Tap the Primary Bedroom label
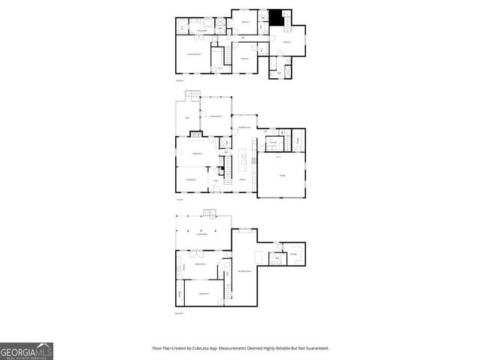pyautogui.click(x=197, y=54)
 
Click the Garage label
pyautogui.click(x=282, y=175)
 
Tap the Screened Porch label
pyautogui.click(x=216, y=116)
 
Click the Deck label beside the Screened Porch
pyautogui.click(x=186, y=118)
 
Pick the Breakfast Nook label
pyautogui.click(x=244, y=129)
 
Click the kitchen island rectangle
pyautogui.click(x=244, y=159)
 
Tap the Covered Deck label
pyautogui.click(x=201, y=235)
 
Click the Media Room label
pyautogui.click(x=201, y=265)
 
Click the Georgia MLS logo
pyautogui.click(x=26, y=351)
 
